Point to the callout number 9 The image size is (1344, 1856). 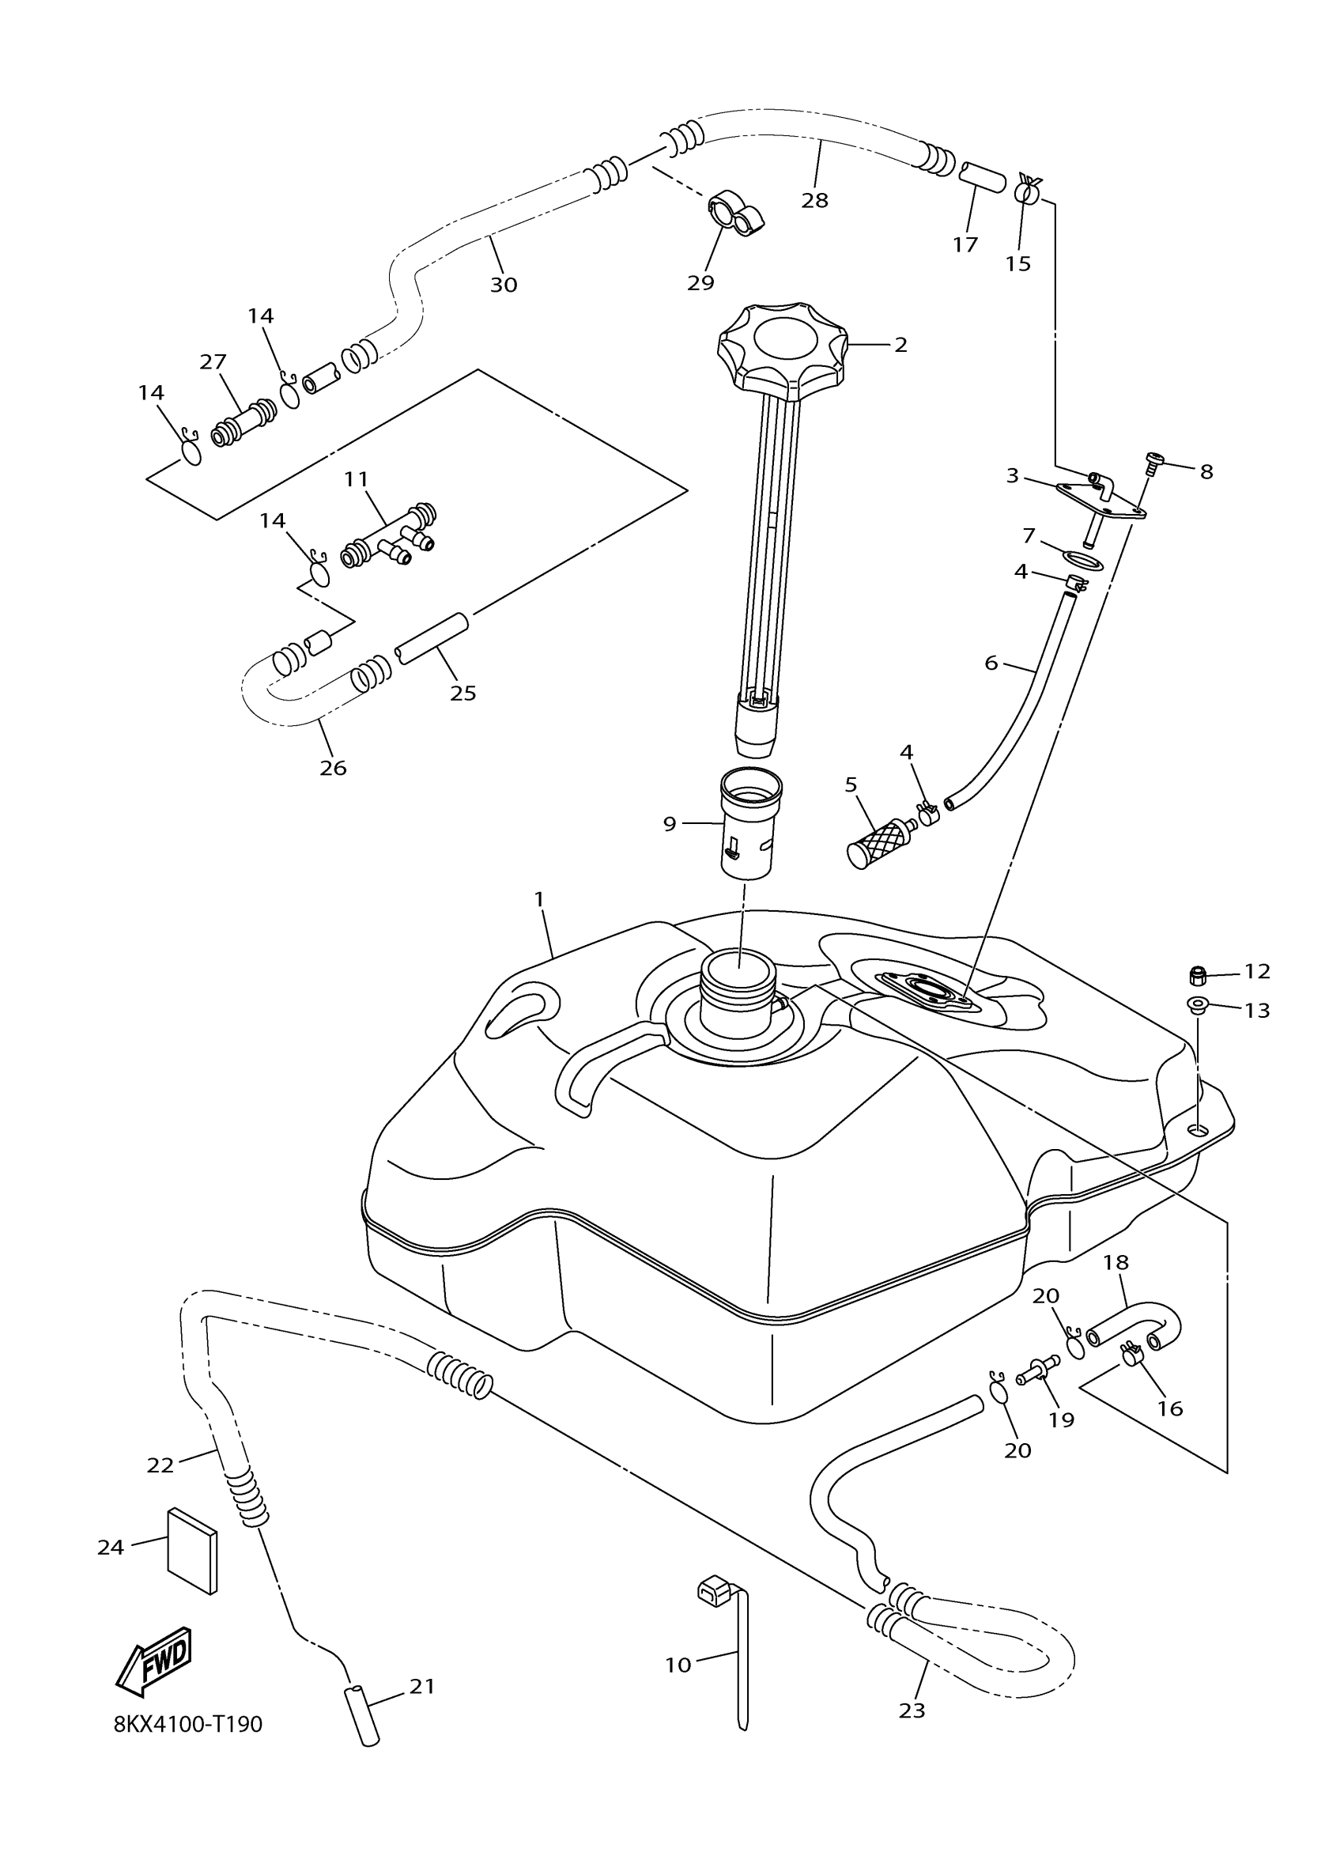point(670,824)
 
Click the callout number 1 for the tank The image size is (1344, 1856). point(539,899)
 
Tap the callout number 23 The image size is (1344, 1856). point(912,1710)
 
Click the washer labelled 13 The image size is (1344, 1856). point(1198,1005)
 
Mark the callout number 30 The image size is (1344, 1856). point(504,285)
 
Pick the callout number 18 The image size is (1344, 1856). point(1116,1263)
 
